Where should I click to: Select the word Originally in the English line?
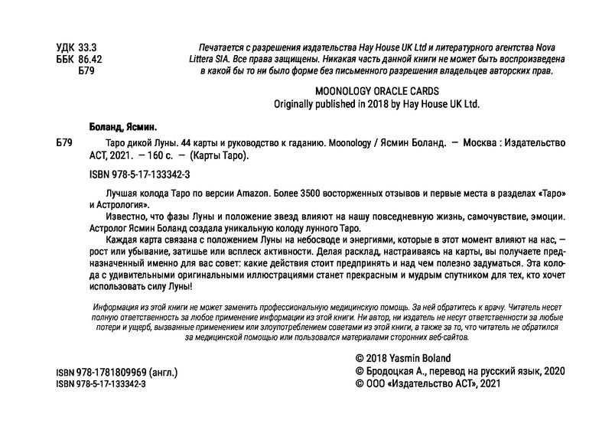point(295,105)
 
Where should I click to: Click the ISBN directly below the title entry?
point(135,174)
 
